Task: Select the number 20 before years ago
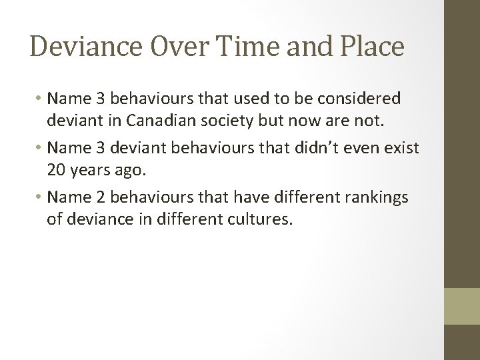(x=56, y=169)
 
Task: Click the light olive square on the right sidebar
(x=461, y=306)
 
